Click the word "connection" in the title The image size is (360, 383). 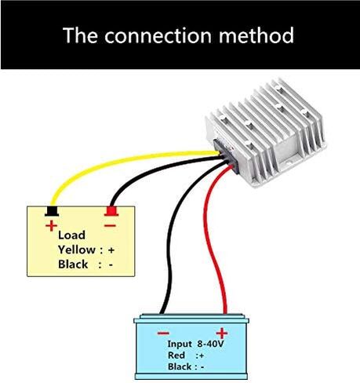coord(158,35)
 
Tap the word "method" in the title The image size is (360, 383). coord(256,35)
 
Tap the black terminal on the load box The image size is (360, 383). coord(52,211)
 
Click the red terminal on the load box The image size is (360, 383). coord(111,211)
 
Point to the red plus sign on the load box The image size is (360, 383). coord(51,226)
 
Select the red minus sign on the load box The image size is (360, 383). coord(110,226)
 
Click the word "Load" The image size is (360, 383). coord(71,235)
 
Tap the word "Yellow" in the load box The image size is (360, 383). coord(77,250)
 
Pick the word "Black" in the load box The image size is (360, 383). coord(73,264)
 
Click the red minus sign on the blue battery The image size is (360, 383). coord(163,333)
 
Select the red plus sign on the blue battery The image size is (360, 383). coord(222,334)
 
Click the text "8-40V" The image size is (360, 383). coord(210,344)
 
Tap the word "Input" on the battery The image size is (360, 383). coord(180,344)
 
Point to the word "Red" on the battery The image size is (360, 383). coord(176,356)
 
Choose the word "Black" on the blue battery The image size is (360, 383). coord(180,367)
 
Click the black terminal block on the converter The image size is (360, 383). coord(227,155)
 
